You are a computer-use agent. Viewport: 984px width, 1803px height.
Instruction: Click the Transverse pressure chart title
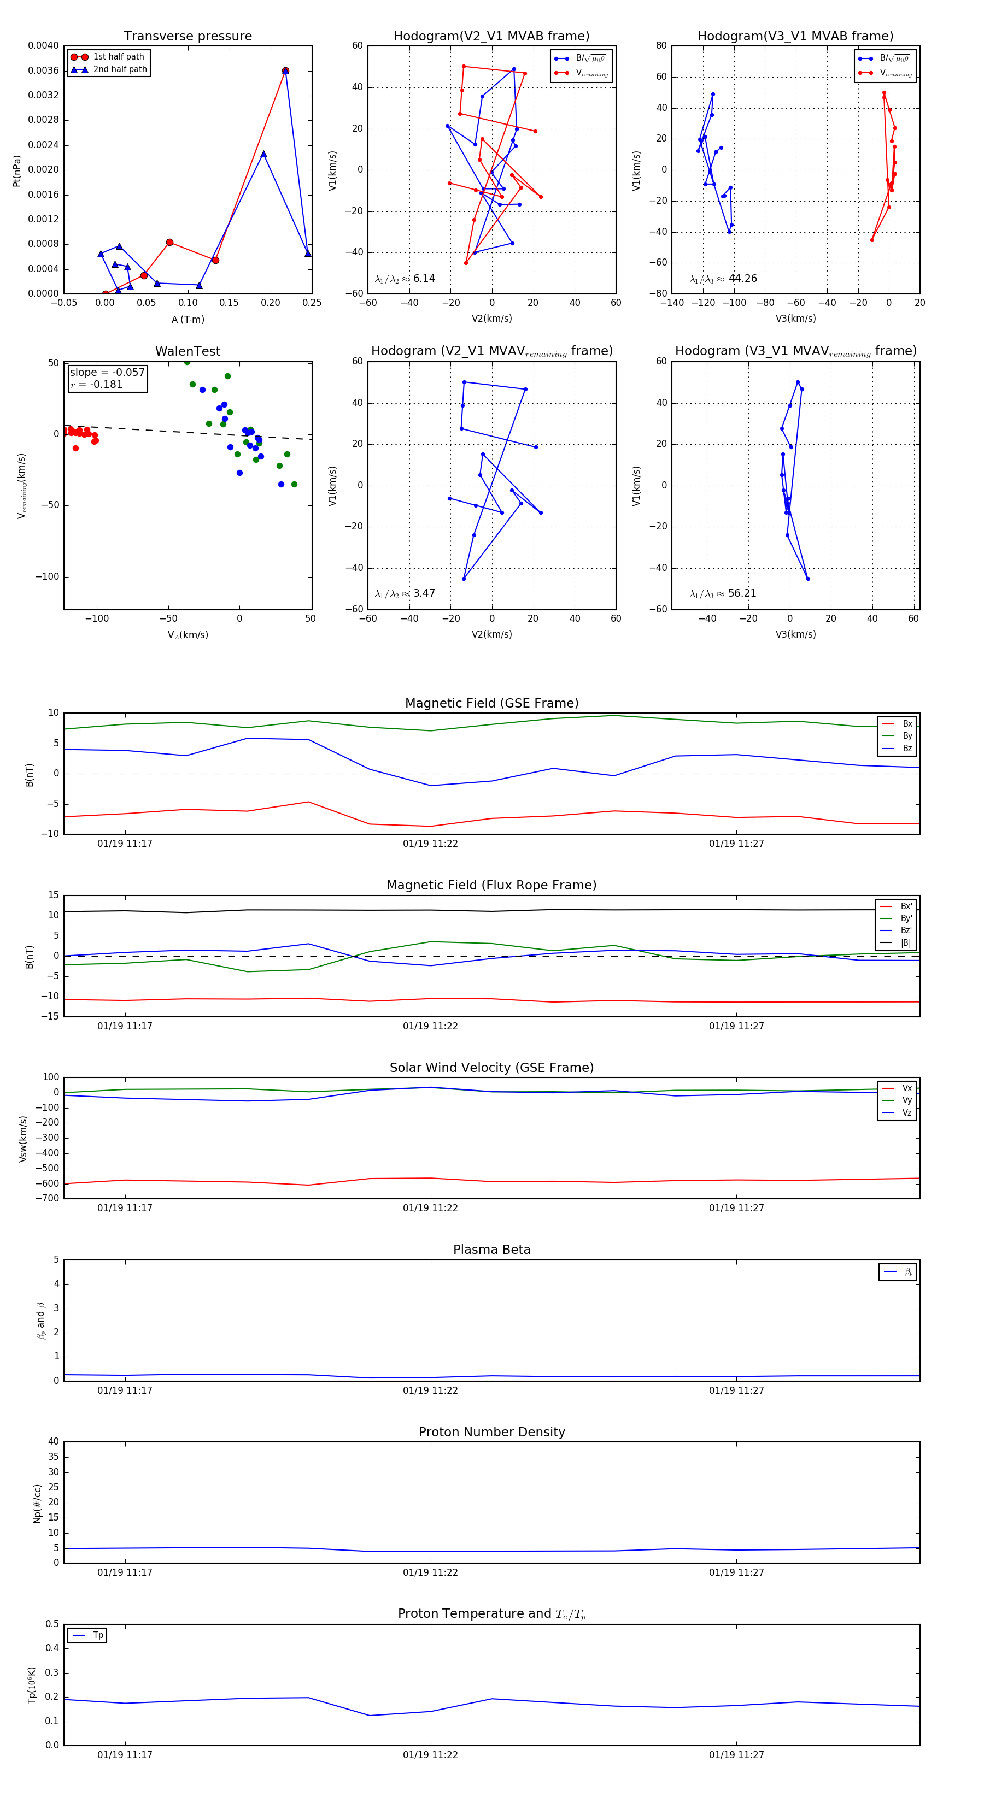[x=188, y=37]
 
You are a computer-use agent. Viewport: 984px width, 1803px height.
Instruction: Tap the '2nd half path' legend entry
[x=120, y=69]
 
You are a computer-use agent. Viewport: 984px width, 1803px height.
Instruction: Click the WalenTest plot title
[x=188, y=351]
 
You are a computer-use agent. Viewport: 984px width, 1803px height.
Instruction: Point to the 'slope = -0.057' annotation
[x=107, y=373]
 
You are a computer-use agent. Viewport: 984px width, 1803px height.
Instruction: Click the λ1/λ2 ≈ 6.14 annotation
[x=405, y=279]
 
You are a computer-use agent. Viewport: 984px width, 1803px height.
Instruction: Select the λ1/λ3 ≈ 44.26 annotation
[x=723, y=279]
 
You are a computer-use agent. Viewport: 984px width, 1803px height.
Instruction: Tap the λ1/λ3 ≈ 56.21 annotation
[x=723, y=593]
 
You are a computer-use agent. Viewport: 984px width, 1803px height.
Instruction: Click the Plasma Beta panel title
[x=491, y=1250]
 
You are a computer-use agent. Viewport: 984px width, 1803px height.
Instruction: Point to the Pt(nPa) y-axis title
[x=17, y=171]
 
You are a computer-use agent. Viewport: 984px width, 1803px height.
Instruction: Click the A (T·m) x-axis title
[x=188, y=319]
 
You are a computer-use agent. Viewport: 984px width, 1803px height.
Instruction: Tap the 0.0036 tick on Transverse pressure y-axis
[x=43, y=70]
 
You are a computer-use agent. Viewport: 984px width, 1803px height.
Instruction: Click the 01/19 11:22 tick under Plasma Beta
[x=430, y=1390]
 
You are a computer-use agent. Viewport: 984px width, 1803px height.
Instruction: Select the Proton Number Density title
[x=491, y=1431]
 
